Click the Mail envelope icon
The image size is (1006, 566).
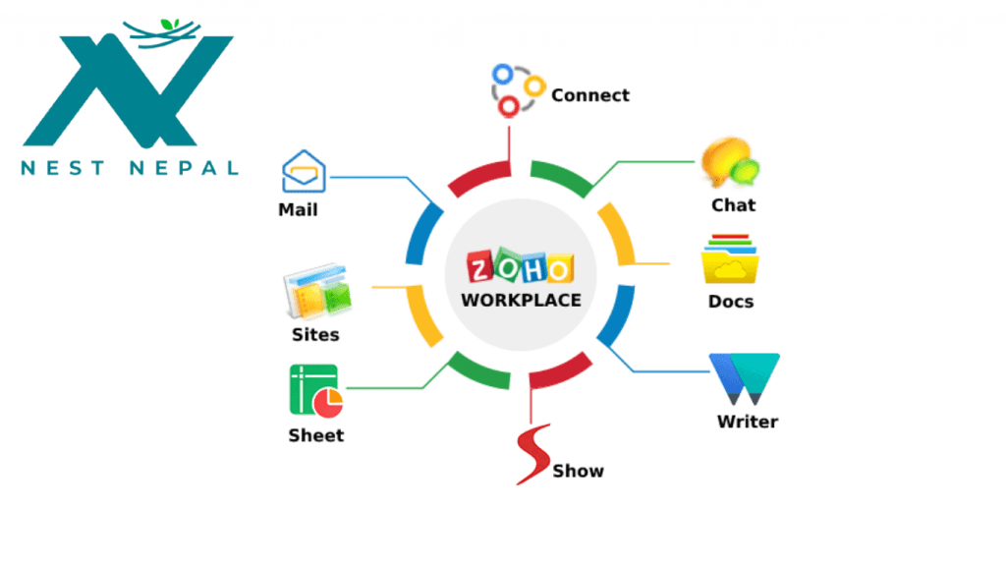[304, 171]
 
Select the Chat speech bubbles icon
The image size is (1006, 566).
[730, 162]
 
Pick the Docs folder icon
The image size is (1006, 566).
[730, 259]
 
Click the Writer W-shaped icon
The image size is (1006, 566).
[745, 378]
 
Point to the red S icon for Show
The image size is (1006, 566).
[532, 454]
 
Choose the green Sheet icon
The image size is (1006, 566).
[316, 391]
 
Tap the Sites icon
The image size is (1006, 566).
[317, 291]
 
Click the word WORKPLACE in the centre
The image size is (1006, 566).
[521, 301]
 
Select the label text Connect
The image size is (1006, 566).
[590, 95]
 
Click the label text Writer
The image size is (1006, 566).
[748, 422]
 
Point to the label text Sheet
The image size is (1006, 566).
[316, 435]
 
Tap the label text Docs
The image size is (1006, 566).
[731, 302]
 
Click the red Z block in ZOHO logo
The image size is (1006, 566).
[479, 267]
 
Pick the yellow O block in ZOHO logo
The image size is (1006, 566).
[559, 269]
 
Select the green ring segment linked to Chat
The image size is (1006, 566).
[561, 177]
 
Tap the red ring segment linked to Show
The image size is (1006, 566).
[561, 370]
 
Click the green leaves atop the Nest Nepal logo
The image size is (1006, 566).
[170, 25]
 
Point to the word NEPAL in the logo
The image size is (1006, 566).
[185, 168]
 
